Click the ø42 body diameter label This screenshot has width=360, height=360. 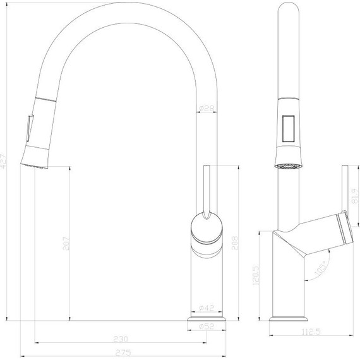206,308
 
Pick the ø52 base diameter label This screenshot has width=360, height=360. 206,326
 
